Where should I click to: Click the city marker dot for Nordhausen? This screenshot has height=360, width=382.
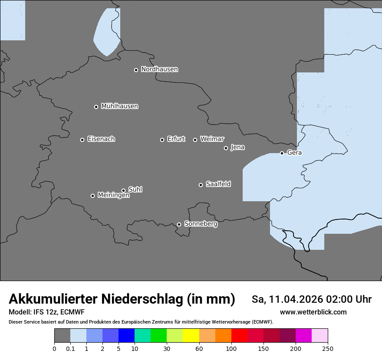tap(136, 70)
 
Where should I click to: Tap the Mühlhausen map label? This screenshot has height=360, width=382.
tap(119, 106)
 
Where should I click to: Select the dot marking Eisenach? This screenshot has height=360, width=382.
tap(82, 140)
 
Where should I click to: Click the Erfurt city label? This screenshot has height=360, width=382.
tap(176, 139)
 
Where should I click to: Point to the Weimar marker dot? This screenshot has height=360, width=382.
tap(195, 140)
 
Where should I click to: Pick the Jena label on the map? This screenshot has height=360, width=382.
tap(237, 147)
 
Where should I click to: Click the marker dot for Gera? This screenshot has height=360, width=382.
tap(282, 153)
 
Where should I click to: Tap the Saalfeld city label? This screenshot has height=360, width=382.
tap(218, 184)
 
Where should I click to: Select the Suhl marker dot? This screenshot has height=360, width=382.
tap(123, 190)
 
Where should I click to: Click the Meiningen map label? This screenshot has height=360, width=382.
tap(113, 196)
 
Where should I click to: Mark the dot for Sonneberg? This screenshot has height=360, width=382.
tap(179, 224)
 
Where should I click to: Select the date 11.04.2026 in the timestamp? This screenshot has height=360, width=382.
tap(296, 299)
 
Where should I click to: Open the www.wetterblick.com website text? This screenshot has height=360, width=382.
tap(313, 312)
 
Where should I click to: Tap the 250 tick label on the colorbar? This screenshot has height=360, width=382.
tap(328, 348)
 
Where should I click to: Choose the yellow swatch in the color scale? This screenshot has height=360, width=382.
tap(191, 336)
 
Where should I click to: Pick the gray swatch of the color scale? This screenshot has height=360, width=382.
tap(62, 336)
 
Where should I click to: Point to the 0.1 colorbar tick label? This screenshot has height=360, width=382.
tap(70, 348)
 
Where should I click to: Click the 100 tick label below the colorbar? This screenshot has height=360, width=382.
tap(231, 348)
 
